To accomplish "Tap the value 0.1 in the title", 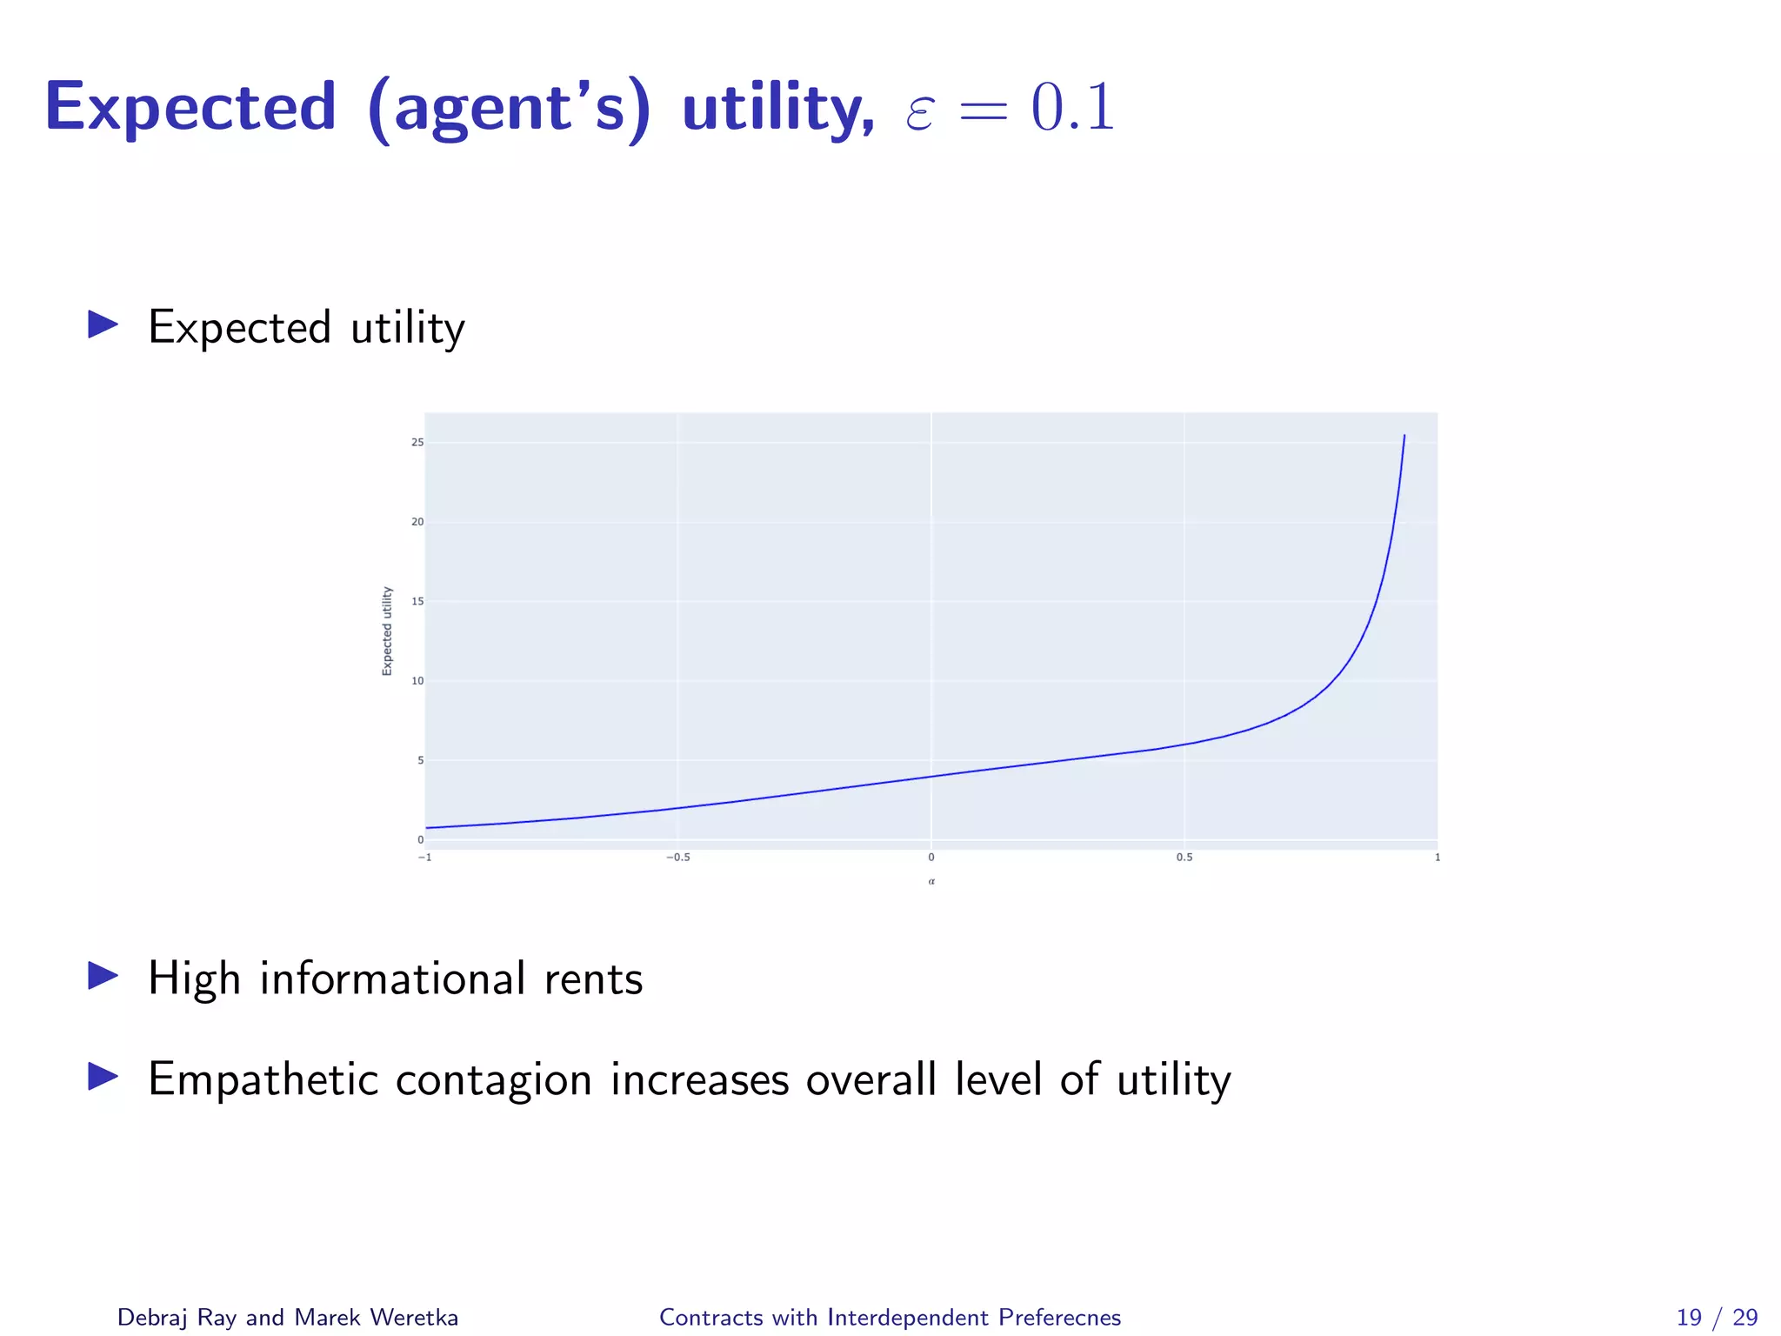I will (1072, 108).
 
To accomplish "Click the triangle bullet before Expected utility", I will (103, 325).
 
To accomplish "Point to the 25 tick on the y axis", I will (417, 443).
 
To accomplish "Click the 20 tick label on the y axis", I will (417, 522).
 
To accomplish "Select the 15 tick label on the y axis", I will (417, 601).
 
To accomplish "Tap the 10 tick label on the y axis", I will (417, 681).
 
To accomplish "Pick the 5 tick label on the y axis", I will (420, 760).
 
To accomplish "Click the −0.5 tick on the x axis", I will (677, 858).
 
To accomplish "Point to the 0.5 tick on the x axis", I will (1184, 858).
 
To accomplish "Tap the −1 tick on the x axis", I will (424, 858).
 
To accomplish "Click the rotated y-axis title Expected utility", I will (387, 631).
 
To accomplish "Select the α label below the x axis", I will (931, 882).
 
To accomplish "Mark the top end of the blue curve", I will (1404, 436).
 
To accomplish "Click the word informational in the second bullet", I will (392, 979).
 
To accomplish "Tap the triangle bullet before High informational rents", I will (103, 976).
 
